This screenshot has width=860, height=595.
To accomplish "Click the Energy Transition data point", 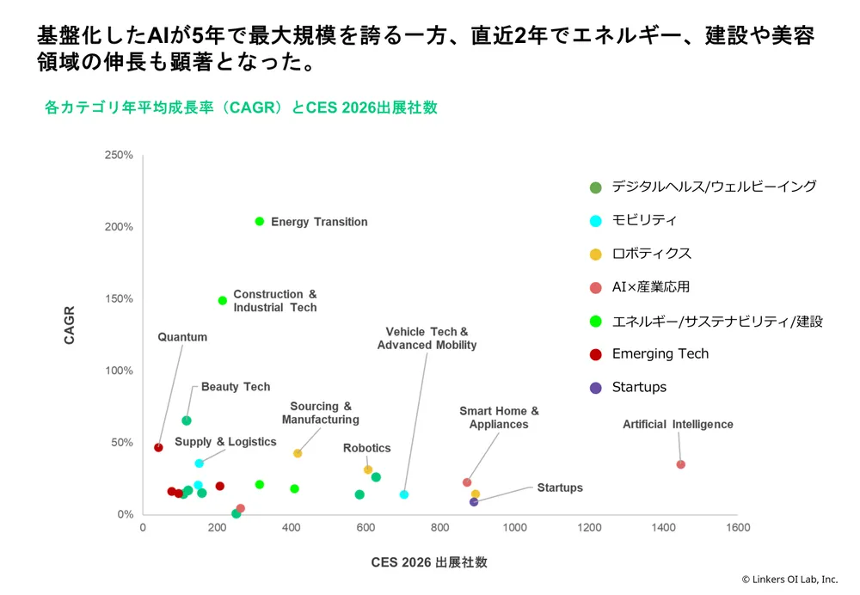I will coord(260,222).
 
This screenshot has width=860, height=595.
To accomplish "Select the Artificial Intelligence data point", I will coord(680,464).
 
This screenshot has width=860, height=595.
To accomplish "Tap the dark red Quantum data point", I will coord(158,447).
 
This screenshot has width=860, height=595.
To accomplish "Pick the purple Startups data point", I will coord(474,502).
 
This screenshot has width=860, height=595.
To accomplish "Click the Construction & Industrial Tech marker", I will coord(223,301).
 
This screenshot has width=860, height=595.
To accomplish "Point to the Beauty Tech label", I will coord(236,387).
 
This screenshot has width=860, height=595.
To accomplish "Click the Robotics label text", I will coord(366,448).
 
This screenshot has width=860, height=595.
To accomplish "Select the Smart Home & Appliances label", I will coord(499,418).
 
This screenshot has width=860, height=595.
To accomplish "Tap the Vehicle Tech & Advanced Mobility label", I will coord(427,338).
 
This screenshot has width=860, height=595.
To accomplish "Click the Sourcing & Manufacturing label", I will coord(320,413).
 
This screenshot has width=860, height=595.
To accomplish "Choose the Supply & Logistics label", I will coord(225,442).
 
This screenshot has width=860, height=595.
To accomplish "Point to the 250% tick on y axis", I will coord(119,156).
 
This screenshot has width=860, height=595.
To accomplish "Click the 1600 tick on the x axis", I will coord(737,527).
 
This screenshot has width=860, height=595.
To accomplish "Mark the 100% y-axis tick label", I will coord(119,371).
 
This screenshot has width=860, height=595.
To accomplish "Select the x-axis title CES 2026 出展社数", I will coord(429,562).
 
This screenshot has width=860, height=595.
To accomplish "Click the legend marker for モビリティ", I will coord(595,220).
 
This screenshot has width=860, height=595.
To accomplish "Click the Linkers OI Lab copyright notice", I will coord(789,580).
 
